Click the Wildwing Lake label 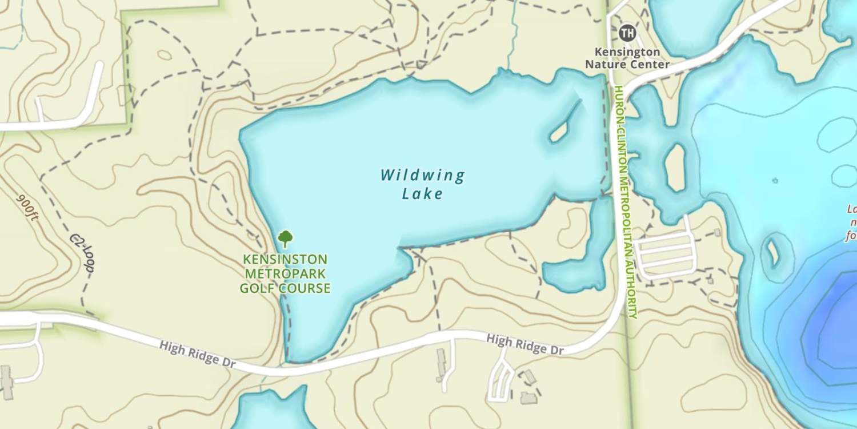coord(423,184)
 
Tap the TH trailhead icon coord(627,33)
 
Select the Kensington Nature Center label coord(627,58)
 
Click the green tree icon coord(285,238)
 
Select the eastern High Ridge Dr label coord(524,344)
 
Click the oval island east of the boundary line coord(675,167)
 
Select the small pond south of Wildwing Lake coord(577,269)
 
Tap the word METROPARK coord(285,274)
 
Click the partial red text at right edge coord(852,223)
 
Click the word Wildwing coord(423,175)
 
